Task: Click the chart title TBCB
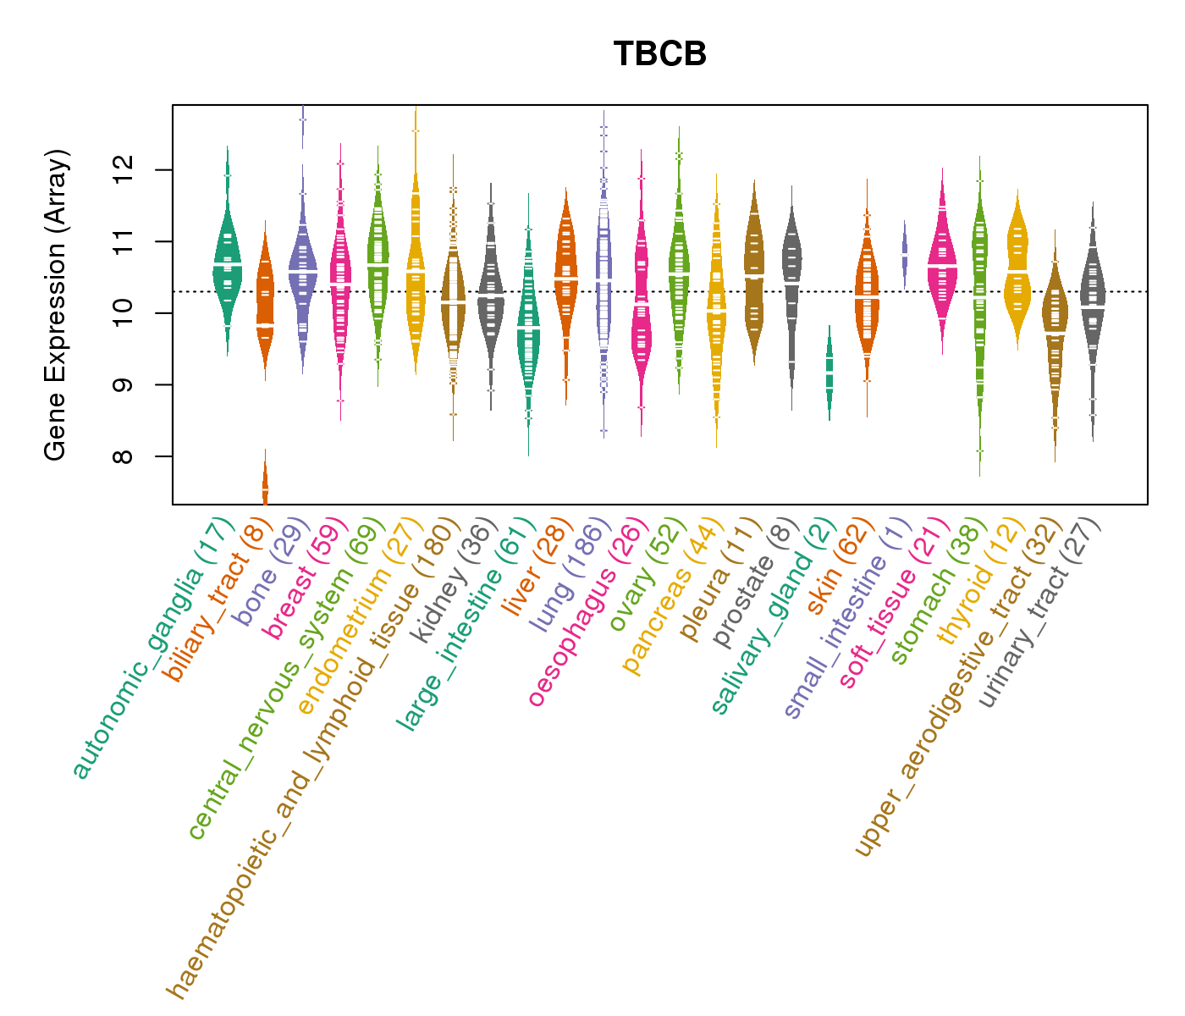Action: [659, 54]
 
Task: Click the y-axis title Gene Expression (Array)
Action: [56, 305]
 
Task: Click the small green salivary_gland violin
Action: [829, 373]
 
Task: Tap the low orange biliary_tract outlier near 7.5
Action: [265, 489]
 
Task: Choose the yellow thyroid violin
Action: [1017, 271]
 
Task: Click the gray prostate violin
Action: [791, 279]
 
